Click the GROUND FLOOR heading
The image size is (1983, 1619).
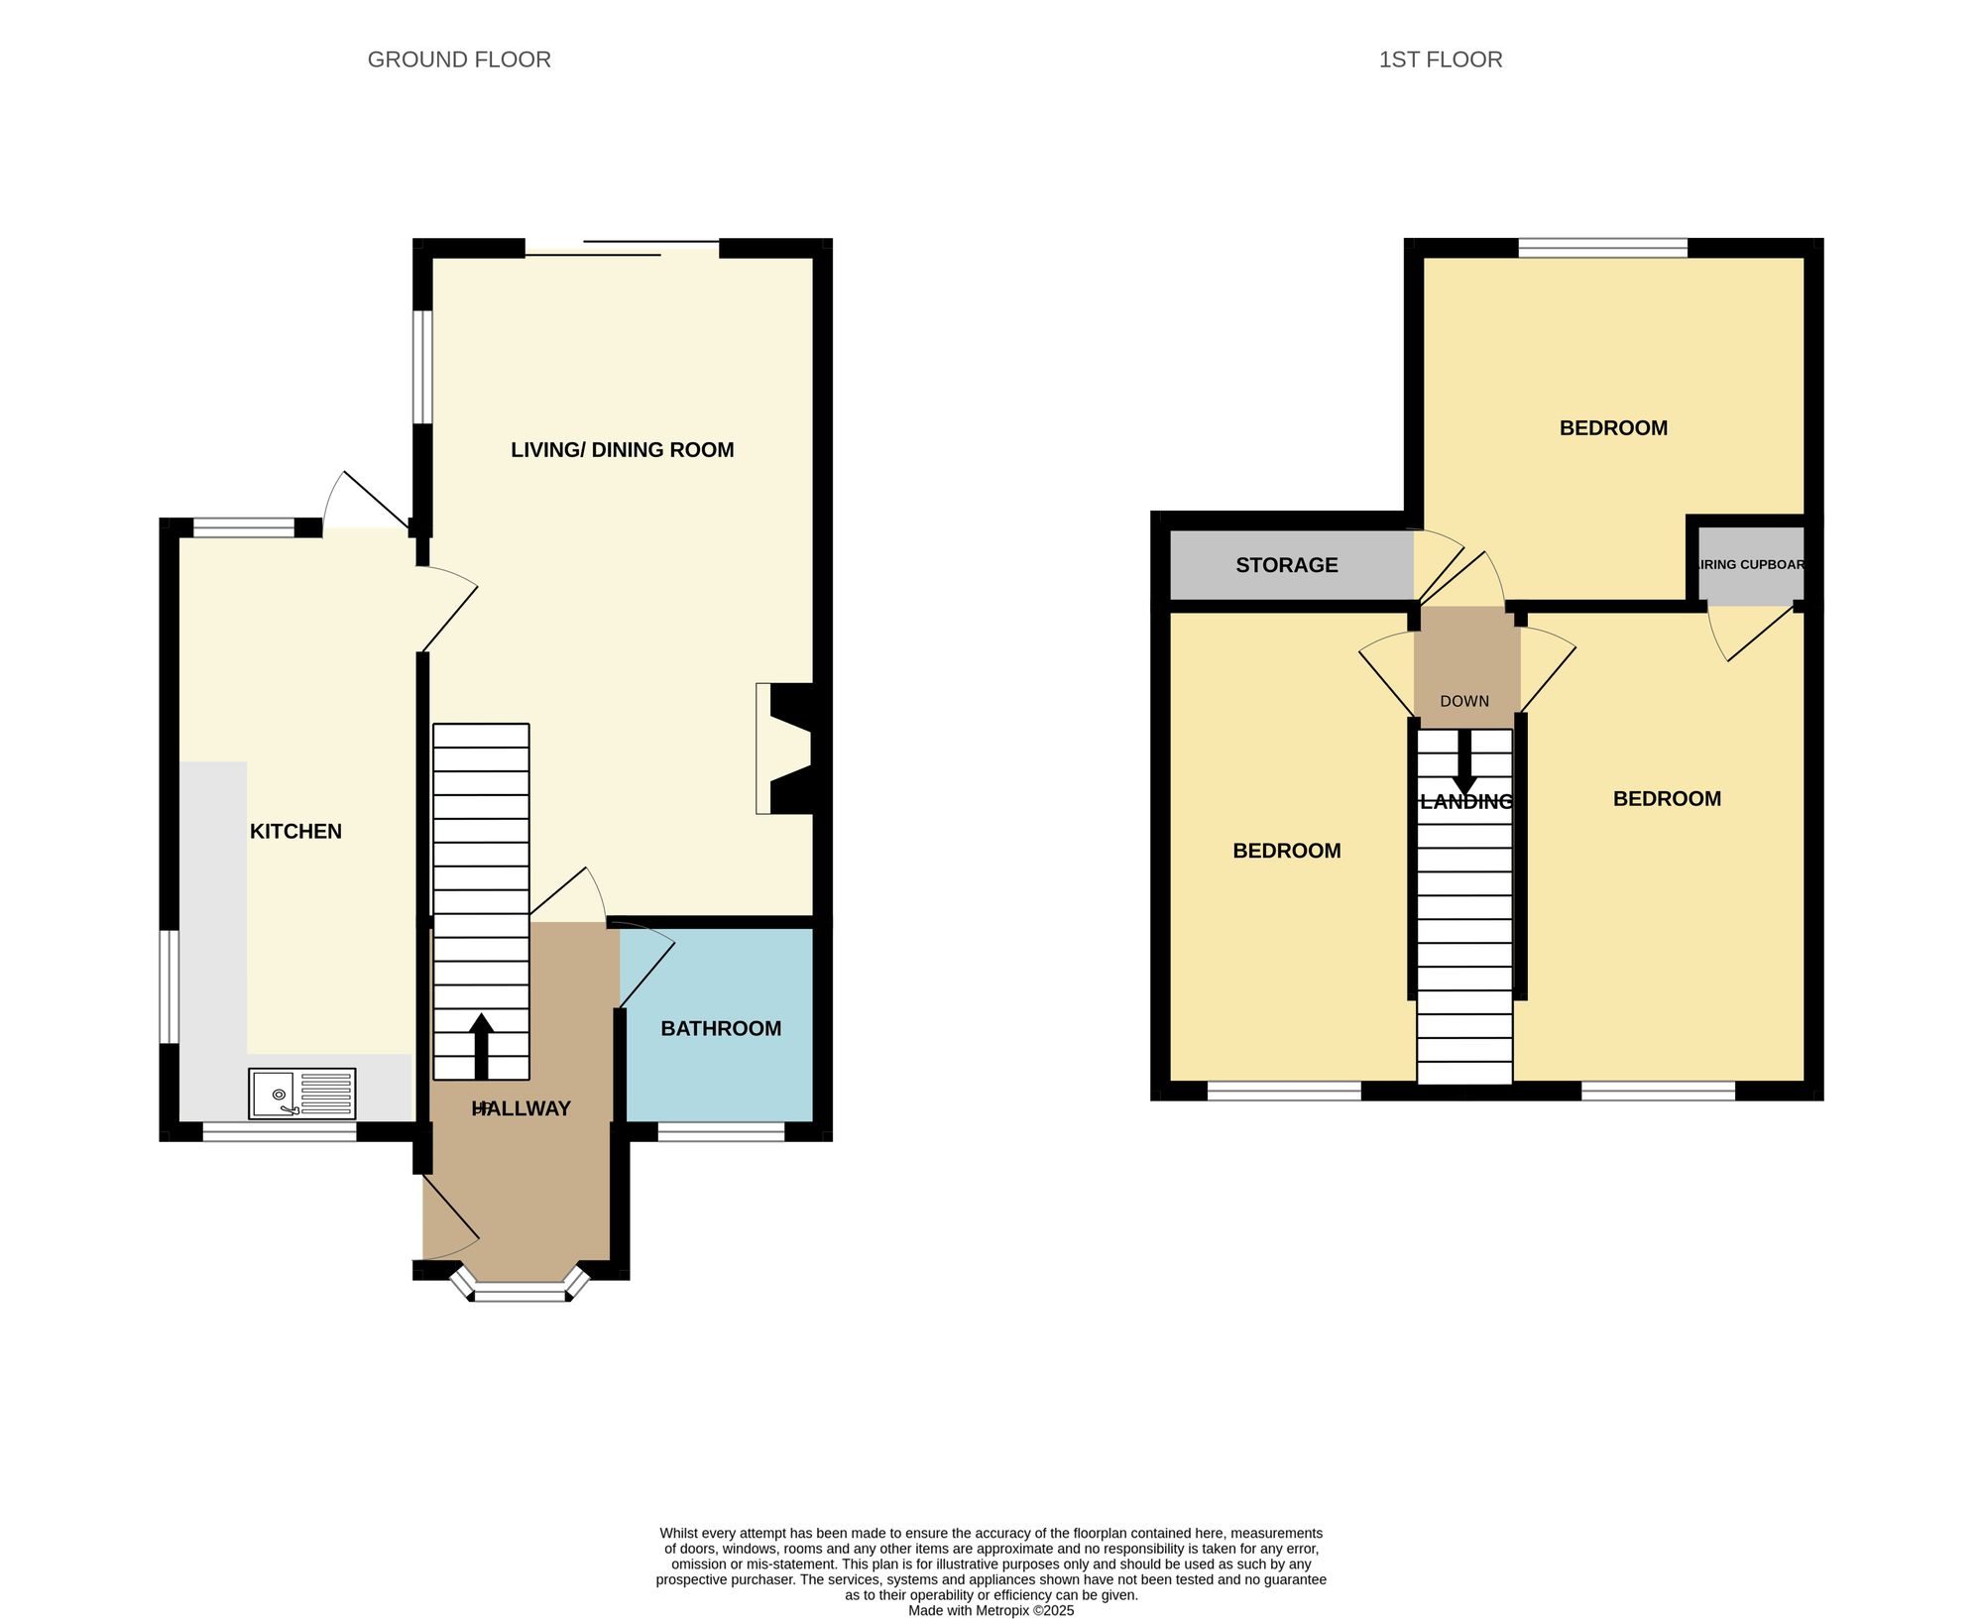pyautogui.click(x=459, y=59)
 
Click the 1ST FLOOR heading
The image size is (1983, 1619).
pyautogui.click(x=1440, y=59)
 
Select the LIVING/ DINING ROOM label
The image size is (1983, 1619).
pyautogui.click(x=622, y=450)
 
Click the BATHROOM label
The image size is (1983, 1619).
pyautogui.click(x=721, y=1029)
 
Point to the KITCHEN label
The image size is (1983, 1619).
pyautogui.click(x=295, y=832)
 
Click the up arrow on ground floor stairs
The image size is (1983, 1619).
pyautogui.click(x=482, y=1046)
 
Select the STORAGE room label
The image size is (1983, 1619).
pyautogui.click(x=1286, y=565)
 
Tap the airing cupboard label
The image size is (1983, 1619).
pyautogui.click(x=1751, y=565)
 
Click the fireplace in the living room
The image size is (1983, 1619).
pyautogui.click(x=785, y=749)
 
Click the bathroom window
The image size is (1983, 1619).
pyautogui.click(x=721, y=1131)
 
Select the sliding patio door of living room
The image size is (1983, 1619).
pyautogui.click(x=622, y=248)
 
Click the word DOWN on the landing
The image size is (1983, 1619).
pyautogui.click(x=1464, y=701)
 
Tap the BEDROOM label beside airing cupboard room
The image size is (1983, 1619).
pyautogui.click(x=1667, y=799)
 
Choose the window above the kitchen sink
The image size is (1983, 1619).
pyautogui.click(x=279, y=1131)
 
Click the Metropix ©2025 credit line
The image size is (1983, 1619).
pyautogui.click(x=991, y=1611)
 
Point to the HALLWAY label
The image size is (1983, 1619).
pyautogui.click(x=522, y=1109)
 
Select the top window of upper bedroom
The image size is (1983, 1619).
pyautogui.click(x=1602, y=248)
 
